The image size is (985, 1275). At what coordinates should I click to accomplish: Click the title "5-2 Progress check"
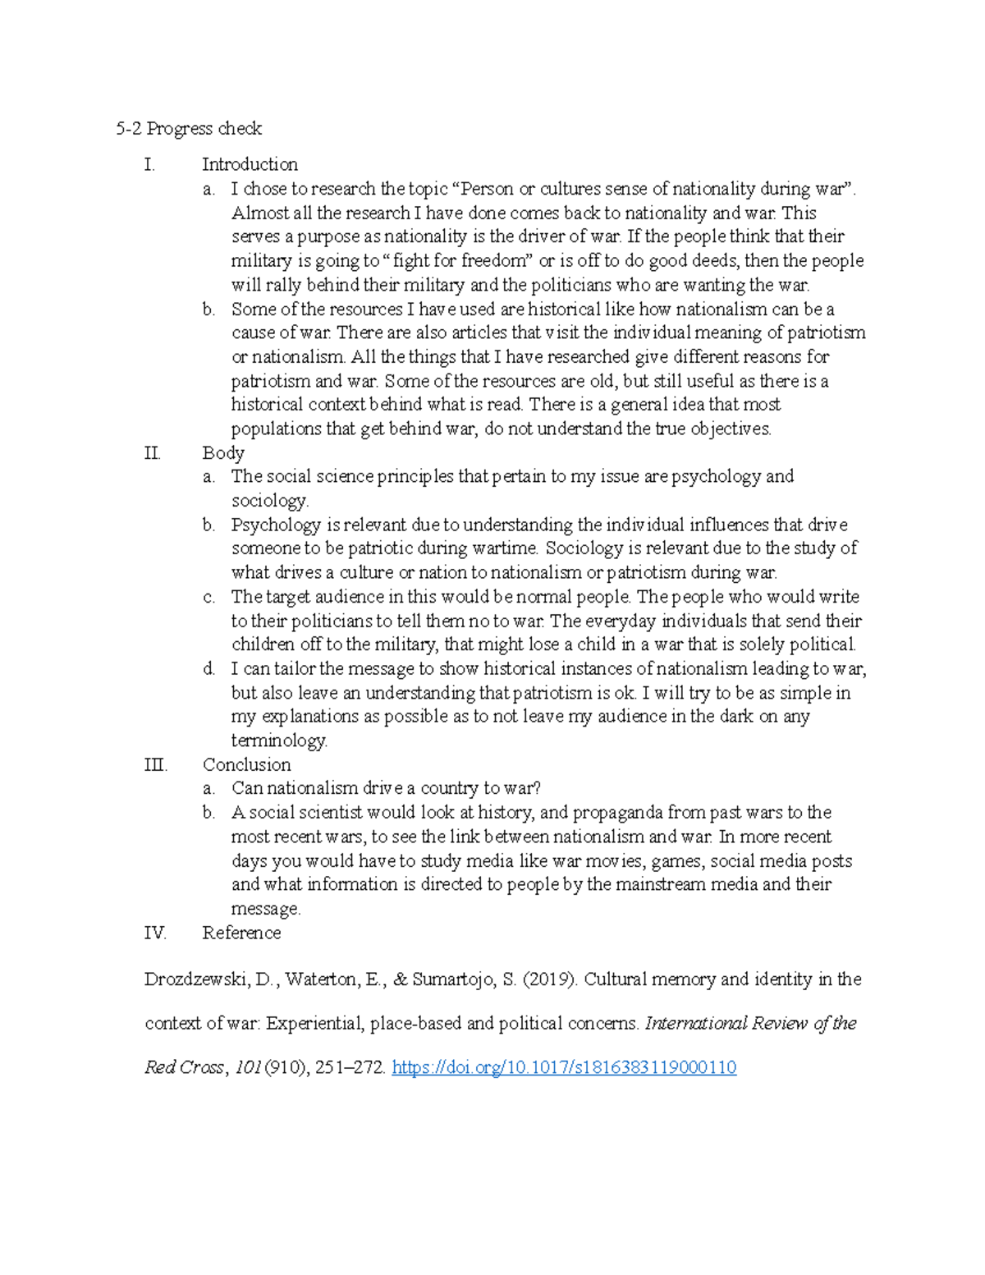tap(189, 128)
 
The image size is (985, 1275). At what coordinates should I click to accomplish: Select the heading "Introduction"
tap(250, 164)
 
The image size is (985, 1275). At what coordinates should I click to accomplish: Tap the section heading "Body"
tap(223, 452)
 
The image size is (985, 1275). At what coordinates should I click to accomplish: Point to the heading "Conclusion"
tap(246, 764)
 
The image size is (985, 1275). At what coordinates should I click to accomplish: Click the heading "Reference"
tap(241, 933)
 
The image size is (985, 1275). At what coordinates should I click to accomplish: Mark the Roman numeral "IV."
tap(155, 933)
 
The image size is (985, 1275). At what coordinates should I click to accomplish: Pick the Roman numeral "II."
tap(153, 452)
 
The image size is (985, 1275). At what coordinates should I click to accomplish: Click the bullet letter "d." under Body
tap(208, 668)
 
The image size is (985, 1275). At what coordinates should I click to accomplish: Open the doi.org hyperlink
tap(564, 1067)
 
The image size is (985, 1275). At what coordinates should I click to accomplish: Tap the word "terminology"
tap(278, 741)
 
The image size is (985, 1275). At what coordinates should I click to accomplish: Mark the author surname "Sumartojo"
tap(454, 979)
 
